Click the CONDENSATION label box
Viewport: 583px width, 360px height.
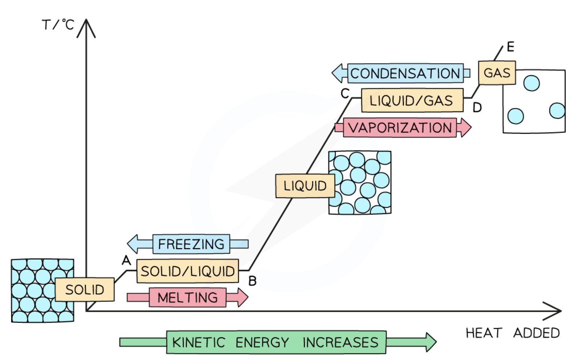405,73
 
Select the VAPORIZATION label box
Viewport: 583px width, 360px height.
400,128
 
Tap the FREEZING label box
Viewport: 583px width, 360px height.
191,244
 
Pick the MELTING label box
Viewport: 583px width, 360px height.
187,298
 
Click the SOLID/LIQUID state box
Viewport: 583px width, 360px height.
187,271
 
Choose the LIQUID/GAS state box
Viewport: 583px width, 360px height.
412,100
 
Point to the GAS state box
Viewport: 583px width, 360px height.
497,73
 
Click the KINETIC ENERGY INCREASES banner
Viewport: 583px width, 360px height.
276,342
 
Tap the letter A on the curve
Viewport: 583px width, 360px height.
126,260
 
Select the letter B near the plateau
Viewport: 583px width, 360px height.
252,281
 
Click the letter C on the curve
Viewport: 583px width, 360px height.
345,93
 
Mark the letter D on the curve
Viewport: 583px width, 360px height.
477,108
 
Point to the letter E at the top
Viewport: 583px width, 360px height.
510,47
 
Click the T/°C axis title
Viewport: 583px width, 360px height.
58,25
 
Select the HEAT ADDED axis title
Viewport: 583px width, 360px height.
512,333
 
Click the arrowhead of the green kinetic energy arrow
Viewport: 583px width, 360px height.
431,342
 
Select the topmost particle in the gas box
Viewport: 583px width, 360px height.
531,83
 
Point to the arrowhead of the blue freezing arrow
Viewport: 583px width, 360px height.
133,244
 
